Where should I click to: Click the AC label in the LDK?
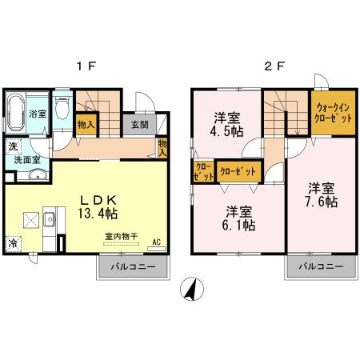(x=157, y=240)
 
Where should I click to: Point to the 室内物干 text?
(x=121, y=236)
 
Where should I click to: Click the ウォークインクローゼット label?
(x=333, y=111)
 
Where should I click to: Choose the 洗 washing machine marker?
(x=13, y=146)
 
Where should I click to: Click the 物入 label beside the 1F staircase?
(x=85, y=124)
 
